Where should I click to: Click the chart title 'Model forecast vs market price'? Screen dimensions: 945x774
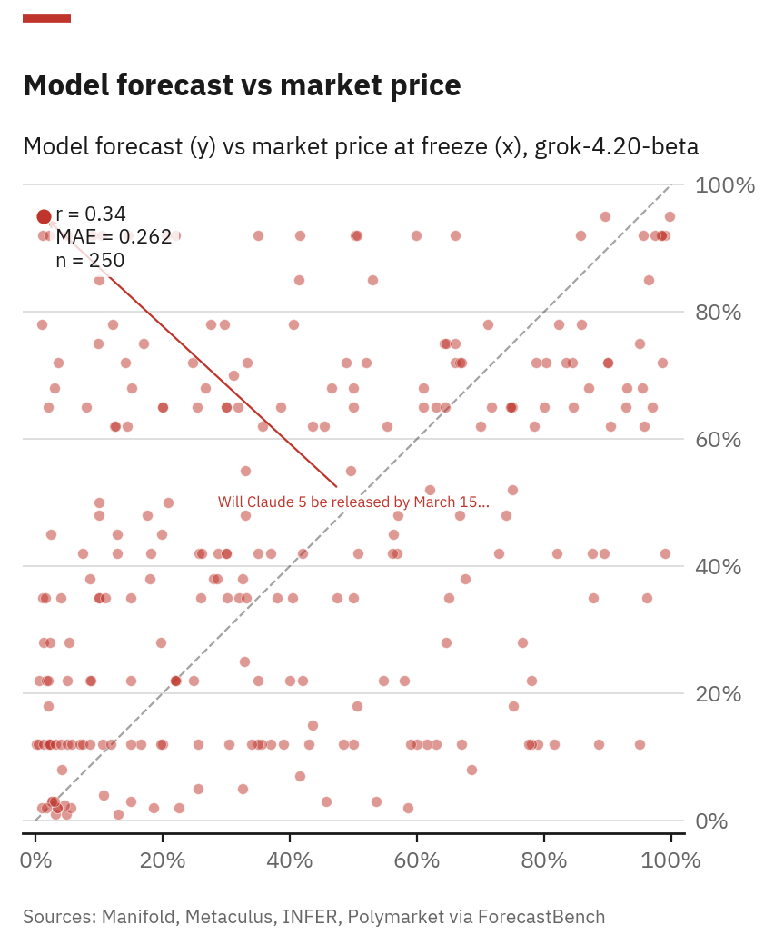[242, 85]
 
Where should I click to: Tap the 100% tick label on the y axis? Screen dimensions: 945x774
[725, 185]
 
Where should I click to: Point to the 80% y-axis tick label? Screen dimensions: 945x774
[719, 313]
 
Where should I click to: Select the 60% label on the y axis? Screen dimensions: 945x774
[719, 440]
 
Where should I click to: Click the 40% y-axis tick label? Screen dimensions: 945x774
[719, 567]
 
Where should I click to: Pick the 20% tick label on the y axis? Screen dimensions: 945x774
[719, 694]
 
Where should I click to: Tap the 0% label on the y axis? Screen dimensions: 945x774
[713, 821]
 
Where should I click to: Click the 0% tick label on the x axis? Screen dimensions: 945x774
[35, 860]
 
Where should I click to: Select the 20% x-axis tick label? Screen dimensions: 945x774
[163, 860]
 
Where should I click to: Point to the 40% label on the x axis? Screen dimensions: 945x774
[290, 860]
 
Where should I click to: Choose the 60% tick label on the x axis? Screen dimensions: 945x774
[417, 860]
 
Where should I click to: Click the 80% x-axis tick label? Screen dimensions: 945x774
[544, 860]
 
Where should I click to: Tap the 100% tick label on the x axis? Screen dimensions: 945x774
[670, 860]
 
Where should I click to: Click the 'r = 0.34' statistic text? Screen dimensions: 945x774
[91, 214]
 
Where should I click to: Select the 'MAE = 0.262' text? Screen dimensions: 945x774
[114, 237]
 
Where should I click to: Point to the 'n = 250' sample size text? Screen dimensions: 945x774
[90, 261]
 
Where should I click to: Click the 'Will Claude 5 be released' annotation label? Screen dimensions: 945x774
[353, 502]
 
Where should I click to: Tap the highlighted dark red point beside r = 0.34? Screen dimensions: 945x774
[44, 216]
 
